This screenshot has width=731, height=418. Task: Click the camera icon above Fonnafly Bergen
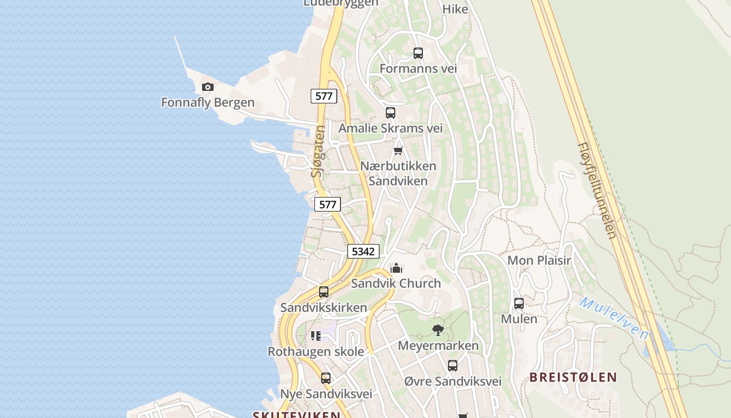click(208, 87)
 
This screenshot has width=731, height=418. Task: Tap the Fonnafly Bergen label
click(208, 102)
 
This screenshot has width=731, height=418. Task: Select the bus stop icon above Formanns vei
click(418, 53)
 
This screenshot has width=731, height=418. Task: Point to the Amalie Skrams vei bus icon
click(390, 113)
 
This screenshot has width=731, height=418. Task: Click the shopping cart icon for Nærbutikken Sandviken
click(398, 151)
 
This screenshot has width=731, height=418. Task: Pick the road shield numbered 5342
click(363, 251)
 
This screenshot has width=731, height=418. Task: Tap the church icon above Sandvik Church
click(396, 269)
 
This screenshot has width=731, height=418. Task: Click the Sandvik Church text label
click(396, 283)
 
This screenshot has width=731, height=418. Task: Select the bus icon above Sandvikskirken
click(324, 292)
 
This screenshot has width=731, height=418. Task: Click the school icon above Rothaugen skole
click(315, 336)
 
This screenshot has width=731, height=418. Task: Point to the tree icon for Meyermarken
click(438, 330)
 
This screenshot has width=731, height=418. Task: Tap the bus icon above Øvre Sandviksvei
click(453, 366)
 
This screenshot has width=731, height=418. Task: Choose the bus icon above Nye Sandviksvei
click(325, 378)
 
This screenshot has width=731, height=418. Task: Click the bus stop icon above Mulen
click(519, 304)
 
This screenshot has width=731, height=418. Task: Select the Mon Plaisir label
click(539, 260)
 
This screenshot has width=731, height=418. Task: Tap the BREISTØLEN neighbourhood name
click(573, 377)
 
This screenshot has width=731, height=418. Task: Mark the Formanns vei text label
click(418, 68)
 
